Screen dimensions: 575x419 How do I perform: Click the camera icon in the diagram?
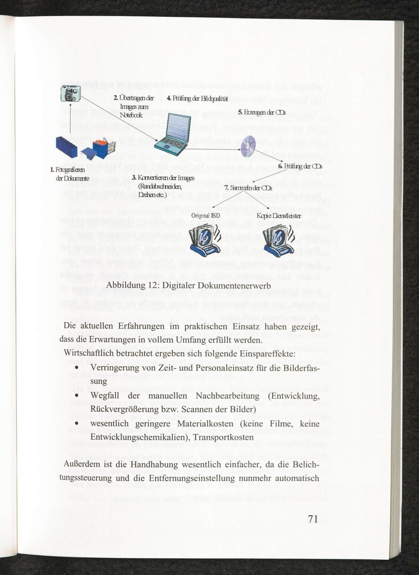click(70, 93)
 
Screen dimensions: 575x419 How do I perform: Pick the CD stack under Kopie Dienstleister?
click(278, 242)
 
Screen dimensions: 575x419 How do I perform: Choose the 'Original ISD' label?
click(205, 216)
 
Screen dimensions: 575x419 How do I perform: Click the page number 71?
click(313, 519)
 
